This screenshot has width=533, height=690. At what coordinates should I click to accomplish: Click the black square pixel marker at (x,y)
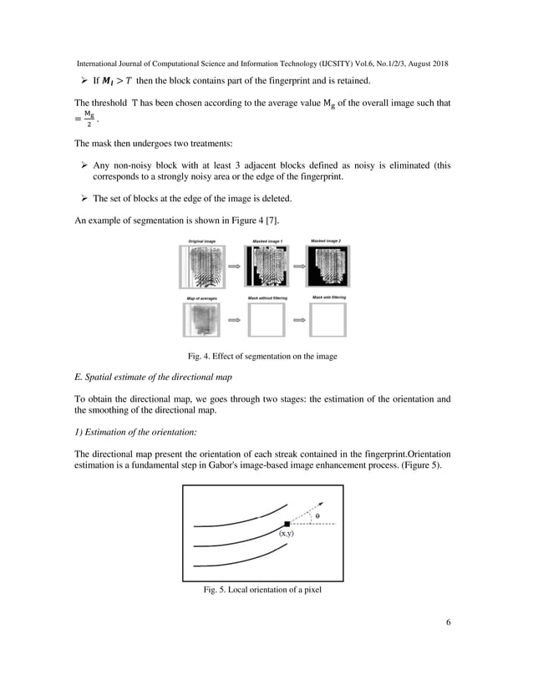[287, 524]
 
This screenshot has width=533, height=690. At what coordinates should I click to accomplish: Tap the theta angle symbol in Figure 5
[317, 516]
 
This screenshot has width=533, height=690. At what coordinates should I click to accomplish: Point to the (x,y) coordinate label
[286, 534]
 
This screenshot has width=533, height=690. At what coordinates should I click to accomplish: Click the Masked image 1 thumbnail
[266, 266]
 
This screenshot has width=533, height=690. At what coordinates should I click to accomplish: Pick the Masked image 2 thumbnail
[329, 266]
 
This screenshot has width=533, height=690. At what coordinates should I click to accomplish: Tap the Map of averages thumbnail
[201, 322]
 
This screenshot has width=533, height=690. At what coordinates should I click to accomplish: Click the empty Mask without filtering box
[266, 322]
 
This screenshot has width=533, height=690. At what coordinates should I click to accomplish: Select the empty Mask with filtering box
[329, 322]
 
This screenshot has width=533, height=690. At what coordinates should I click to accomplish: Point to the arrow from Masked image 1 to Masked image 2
[297, 266]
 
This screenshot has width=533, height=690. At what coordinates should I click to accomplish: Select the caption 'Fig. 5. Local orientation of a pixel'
[263, 590]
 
